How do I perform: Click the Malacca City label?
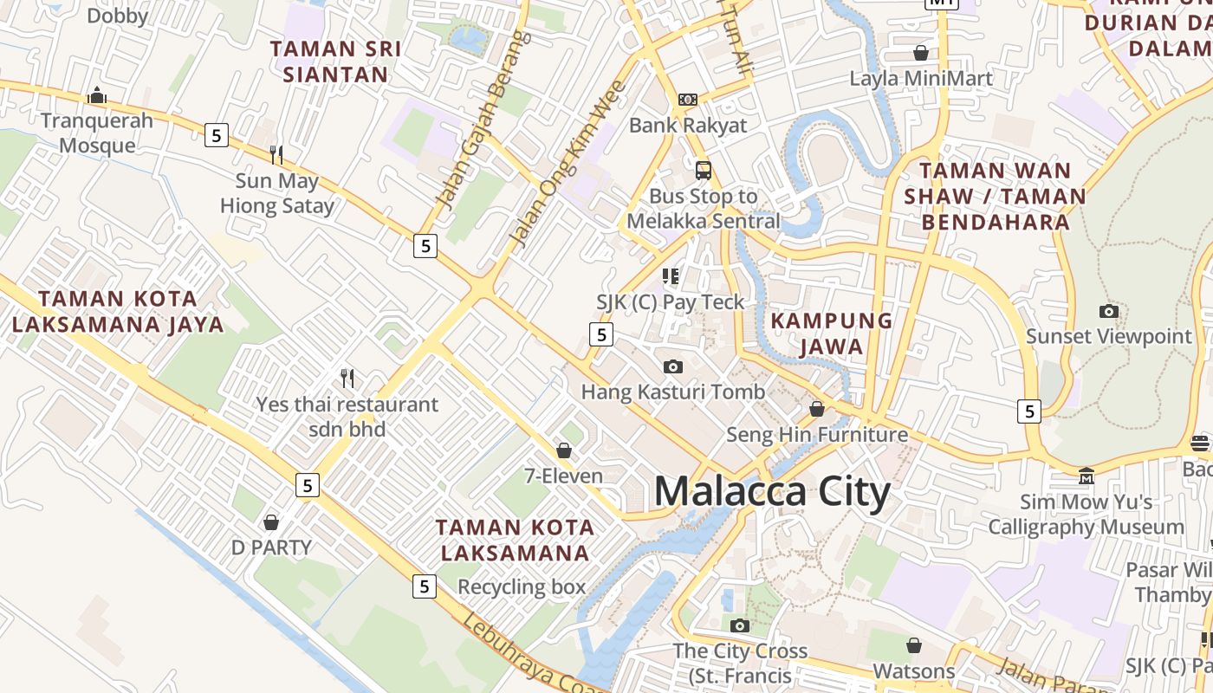tap(772, 492)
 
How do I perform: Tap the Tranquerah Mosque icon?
tap(97, 94)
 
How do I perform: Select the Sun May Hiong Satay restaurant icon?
tap(276, 155)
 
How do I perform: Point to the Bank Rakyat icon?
tap(688, 100)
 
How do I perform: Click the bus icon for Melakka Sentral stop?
tap(704, 170)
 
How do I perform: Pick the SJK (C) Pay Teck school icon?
tap(671, 276)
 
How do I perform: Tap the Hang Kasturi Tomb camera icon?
tap(673, 366)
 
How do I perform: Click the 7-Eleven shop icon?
tap(564, 450)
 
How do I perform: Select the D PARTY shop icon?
tap(271, 522)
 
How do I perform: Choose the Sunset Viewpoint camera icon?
tap(1109, 311)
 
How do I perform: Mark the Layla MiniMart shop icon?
tap(921, 53)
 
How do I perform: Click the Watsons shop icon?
tap(914, 645)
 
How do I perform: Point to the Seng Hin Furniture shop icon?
tap(817, 409)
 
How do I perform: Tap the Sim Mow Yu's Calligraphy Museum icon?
tap(1087, 476)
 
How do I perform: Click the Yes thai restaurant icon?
tap(347, 379)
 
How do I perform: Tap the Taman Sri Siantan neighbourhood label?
tap(336, 62)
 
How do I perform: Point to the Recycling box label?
tap(522, 586)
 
